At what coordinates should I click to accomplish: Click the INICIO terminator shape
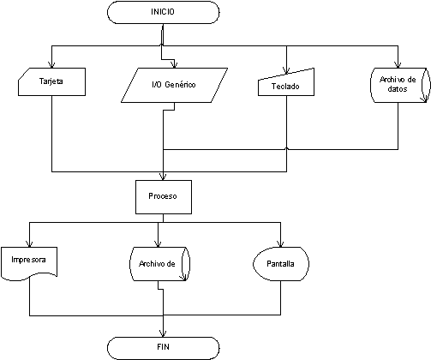163,12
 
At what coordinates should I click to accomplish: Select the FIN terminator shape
163,348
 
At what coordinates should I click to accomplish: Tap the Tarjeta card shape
51,81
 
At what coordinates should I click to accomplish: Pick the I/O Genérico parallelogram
174,85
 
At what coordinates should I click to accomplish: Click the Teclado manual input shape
286,83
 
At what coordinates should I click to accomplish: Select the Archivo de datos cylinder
400,85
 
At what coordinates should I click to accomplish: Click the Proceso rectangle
164,197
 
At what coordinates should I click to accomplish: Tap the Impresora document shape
29,263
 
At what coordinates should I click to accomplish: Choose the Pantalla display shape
281,264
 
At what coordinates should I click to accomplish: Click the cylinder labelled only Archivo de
159,264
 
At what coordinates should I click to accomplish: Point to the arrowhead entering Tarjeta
51,64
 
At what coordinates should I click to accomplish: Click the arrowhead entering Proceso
163,177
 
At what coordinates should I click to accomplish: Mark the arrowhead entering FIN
163,333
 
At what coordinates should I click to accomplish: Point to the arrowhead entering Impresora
29,243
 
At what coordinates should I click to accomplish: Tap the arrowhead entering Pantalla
280,243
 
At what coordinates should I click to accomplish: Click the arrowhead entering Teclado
286,70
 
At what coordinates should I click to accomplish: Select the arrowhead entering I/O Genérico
175,64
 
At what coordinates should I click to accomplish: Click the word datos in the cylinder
398,89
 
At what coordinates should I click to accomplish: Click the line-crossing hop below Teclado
287,148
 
